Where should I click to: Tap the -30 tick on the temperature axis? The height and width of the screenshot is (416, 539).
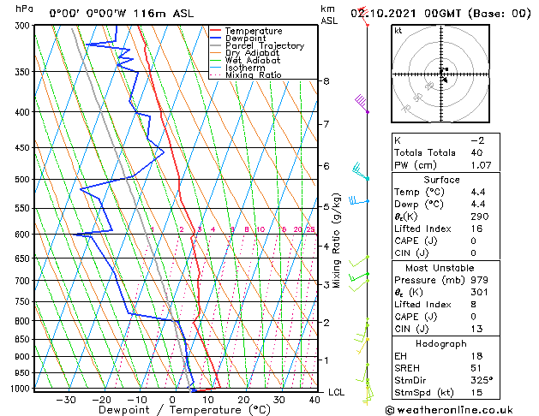(66, 399)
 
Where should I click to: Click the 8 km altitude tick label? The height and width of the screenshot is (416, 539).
(326, 81)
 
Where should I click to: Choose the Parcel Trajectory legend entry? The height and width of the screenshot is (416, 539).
(264, 46)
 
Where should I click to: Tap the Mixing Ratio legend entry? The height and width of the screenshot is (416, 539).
(253, 75)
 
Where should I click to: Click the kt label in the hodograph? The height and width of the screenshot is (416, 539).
(398, 31)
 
